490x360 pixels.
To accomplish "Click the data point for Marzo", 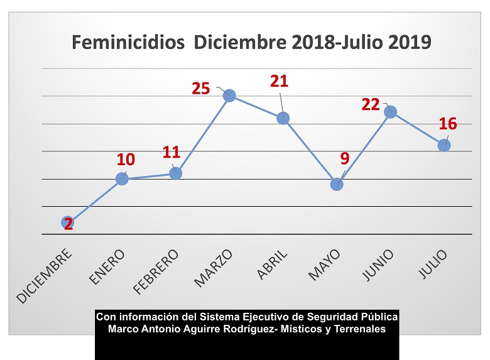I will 229,95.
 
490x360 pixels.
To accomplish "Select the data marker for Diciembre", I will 68,222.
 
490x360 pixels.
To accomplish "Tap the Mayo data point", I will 337,184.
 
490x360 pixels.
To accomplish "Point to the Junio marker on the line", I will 390,112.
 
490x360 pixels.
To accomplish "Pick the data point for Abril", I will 283,118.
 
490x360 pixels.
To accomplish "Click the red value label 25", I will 201,89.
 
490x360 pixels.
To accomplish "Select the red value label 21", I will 279,81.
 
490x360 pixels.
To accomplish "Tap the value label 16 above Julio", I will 447,124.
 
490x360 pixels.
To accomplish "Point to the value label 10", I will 126,160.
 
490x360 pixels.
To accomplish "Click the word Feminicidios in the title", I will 128,43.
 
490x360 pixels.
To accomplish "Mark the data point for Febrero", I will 176,173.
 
